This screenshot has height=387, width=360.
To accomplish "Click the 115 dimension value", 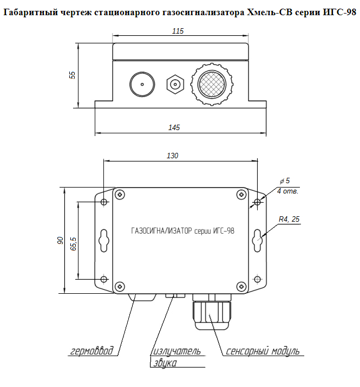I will tap(178, 31).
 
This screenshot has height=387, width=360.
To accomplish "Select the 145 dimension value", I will tap(174, 127).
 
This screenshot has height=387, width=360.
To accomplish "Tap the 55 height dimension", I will tap(73, 75).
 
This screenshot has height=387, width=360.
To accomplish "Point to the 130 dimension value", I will tap(172, 156).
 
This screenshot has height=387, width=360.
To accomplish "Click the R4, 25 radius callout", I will tap(289, 219).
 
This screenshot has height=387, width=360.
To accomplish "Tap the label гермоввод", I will tap(93, 351).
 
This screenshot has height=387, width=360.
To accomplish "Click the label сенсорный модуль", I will tap(263, 351).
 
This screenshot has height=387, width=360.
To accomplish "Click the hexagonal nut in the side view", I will tap(175, 85).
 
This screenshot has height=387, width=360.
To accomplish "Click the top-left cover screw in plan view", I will tap(120, 194).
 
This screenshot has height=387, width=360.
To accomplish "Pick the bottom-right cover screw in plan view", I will tap(241, 283).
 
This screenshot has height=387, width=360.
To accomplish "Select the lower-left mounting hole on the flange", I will tap(104, 279).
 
